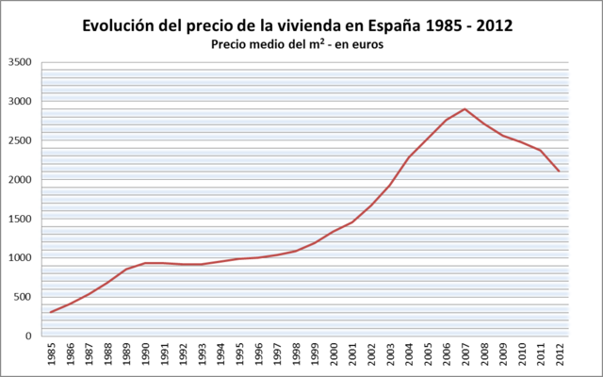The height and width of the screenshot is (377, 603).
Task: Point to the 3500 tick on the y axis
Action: tap(20, 63)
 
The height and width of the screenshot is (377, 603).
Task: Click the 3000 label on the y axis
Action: tap(20, 102)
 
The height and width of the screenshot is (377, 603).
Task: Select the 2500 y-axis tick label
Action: tap(20, 140)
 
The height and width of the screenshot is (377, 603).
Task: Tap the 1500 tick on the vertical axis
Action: tap(20, 219)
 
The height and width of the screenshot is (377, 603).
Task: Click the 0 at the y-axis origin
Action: tap(30, 336)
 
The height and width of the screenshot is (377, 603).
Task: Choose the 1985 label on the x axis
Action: tap(51, 355)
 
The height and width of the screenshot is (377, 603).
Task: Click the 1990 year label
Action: tap(146, 355)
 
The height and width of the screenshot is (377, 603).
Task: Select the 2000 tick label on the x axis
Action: tap(334, 355)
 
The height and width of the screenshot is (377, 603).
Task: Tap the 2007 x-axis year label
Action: tap(465, 355)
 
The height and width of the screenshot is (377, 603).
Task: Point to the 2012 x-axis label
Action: tap(560, 355)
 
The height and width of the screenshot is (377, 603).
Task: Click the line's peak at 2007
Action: tap(465, 108)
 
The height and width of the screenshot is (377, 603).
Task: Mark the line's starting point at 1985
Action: tap(51, 312)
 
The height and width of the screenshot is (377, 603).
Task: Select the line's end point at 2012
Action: tap(560, 171)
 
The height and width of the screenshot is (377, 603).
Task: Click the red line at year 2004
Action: tap(409, 157)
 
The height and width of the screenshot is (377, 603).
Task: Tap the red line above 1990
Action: tap(146, 263)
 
